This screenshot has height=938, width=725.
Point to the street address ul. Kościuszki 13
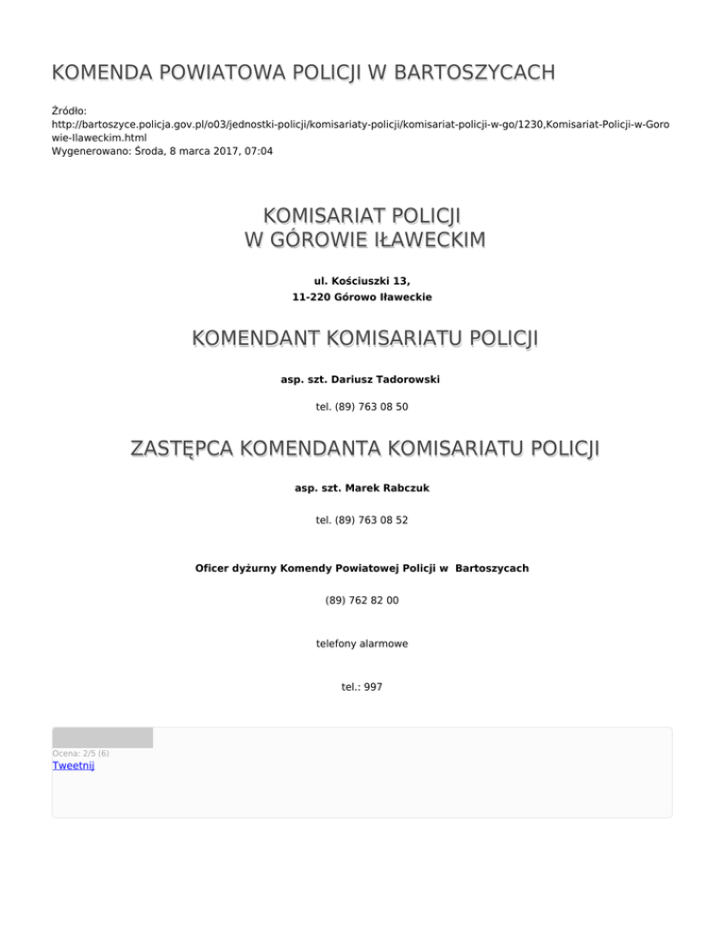coord(362,281)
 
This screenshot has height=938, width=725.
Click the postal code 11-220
coord(312,296)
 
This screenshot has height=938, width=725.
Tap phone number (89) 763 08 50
coord(362,407)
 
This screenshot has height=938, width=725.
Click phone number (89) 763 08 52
coord(362,519)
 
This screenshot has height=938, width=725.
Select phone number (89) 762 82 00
coord(362,599)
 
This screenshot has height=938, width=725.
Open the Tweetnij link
coord(74,765)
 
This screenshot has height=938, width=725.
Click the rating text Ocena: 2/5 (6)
coord(80,753)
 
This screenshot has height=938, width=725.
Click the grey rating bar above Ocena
coord(102,737)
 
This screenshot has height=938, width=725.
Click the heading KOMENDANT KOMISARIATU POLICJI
coord(362,338)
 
